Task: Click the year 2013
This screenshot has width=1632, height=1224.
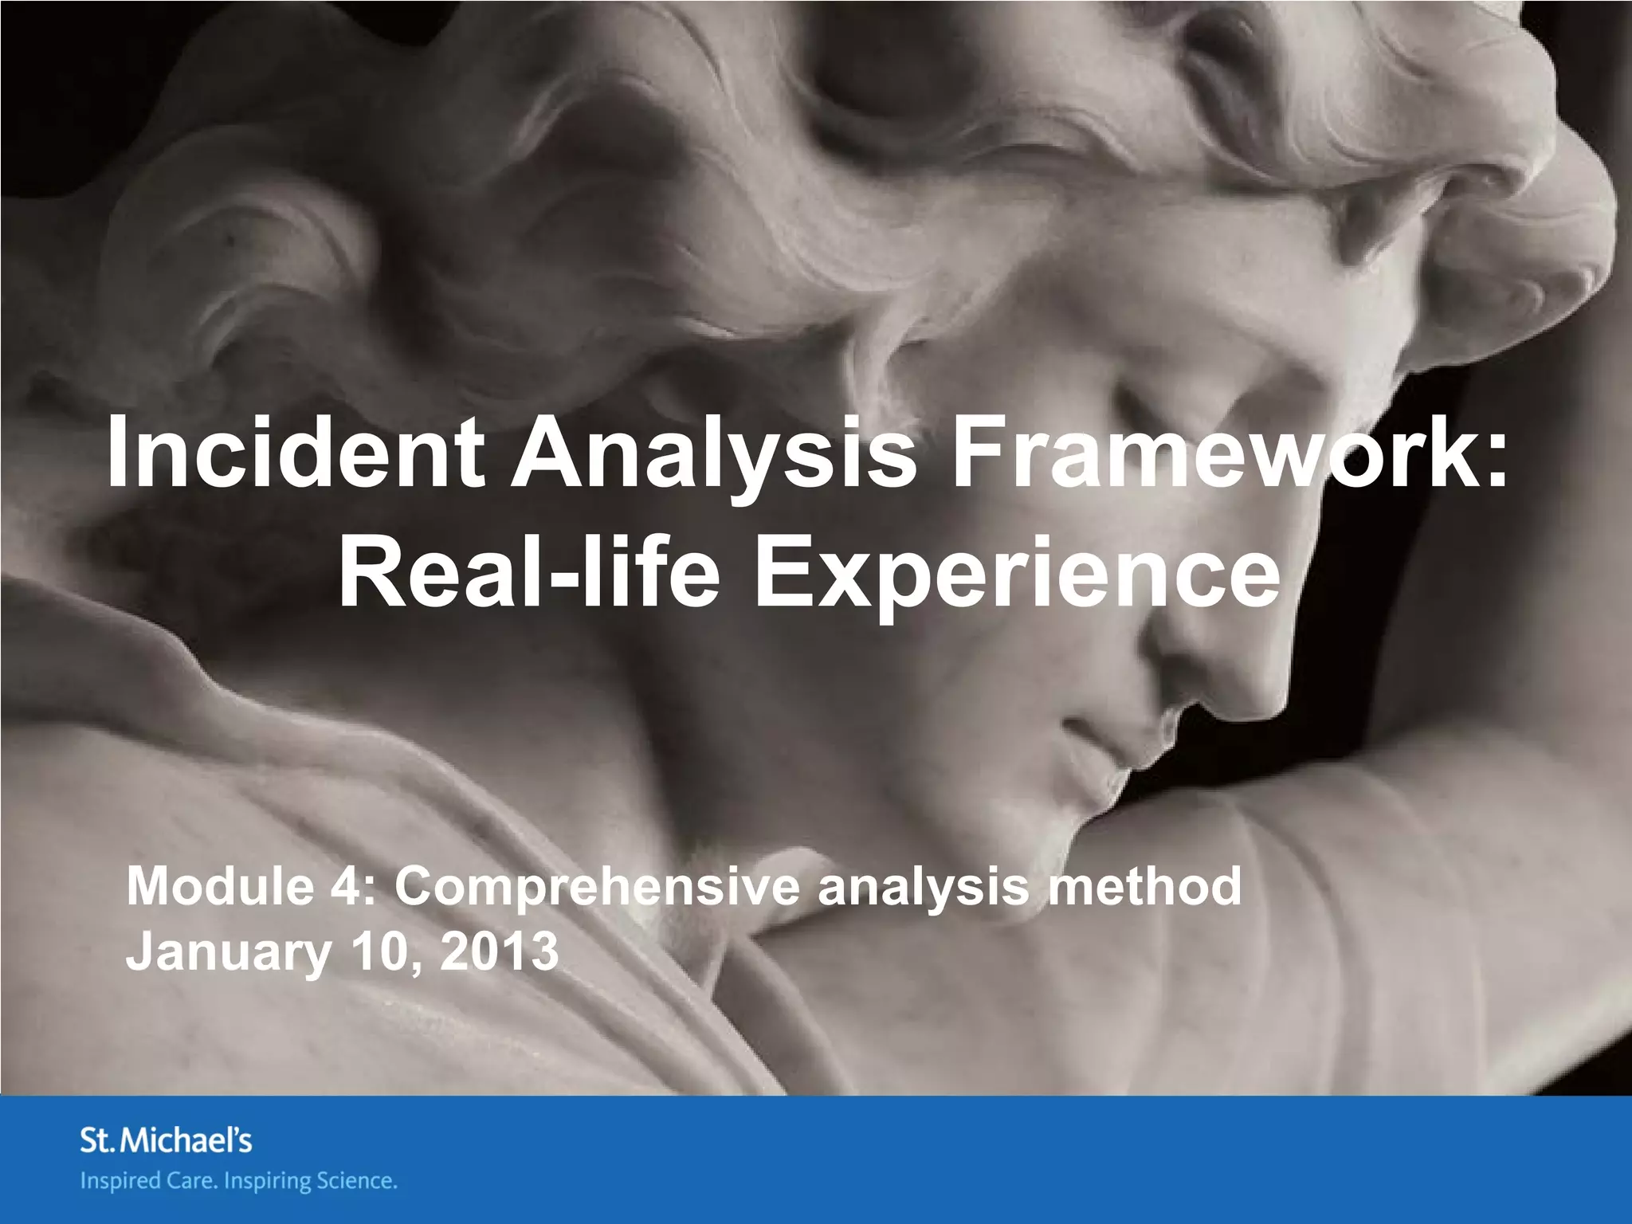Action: point(499,951)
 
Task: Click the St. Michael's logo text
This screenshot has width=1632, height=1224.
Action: point(166,1141)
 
